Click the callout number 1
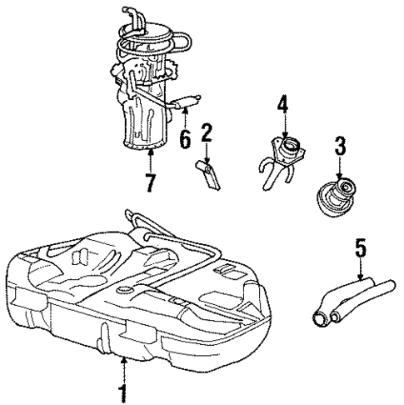coord(123,391)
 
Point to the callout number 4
coord(283,106)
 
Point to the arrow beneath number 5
coord(360,271)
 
